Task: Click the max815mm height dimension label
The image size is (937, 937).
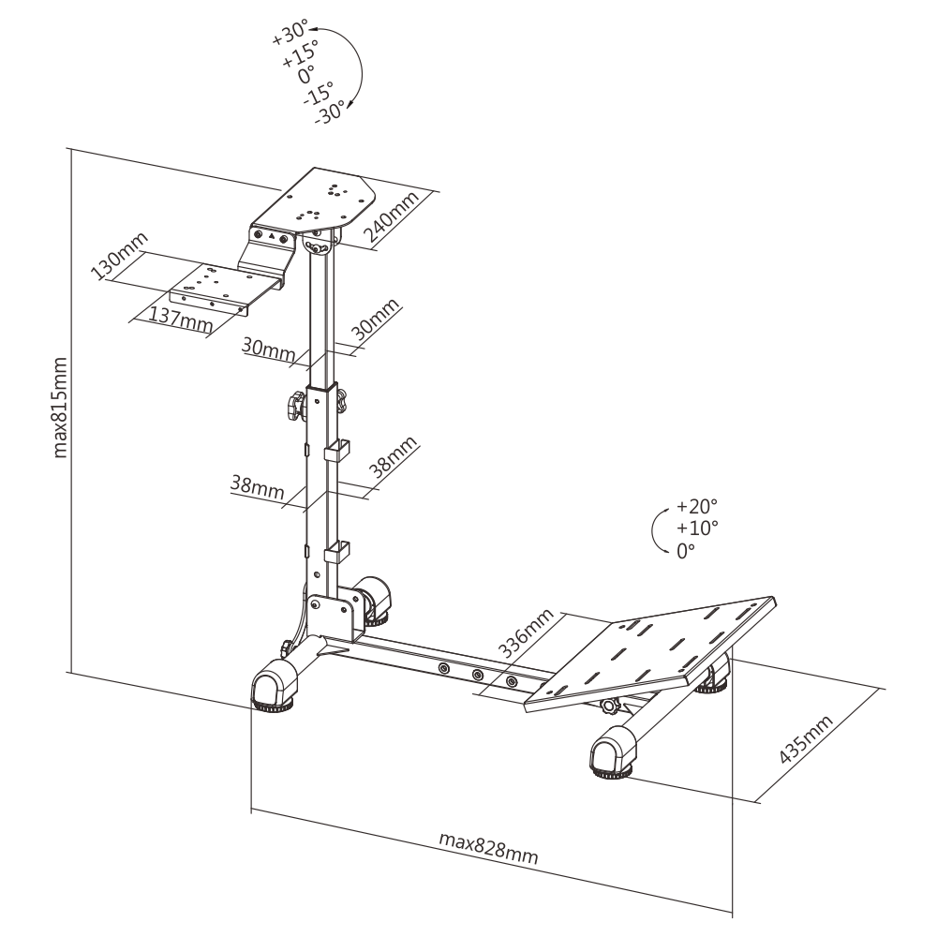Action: pos(62,407)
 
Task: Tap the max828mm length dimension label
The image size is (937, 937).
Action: pos(489,847)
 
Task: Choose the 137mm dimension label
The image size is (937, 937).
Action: pos(180,320)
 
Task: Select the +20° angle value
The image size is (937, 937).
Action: pos(695,507)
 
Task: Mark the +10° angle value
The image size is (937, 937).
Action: pos(695,528)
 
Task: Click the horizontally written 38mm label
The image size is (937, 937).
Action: pos(256,486)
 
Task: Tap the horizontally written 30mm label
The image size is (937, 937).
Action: pos(266,346)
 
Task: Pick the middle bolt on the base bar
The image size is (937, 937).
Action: pos(477,675)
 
